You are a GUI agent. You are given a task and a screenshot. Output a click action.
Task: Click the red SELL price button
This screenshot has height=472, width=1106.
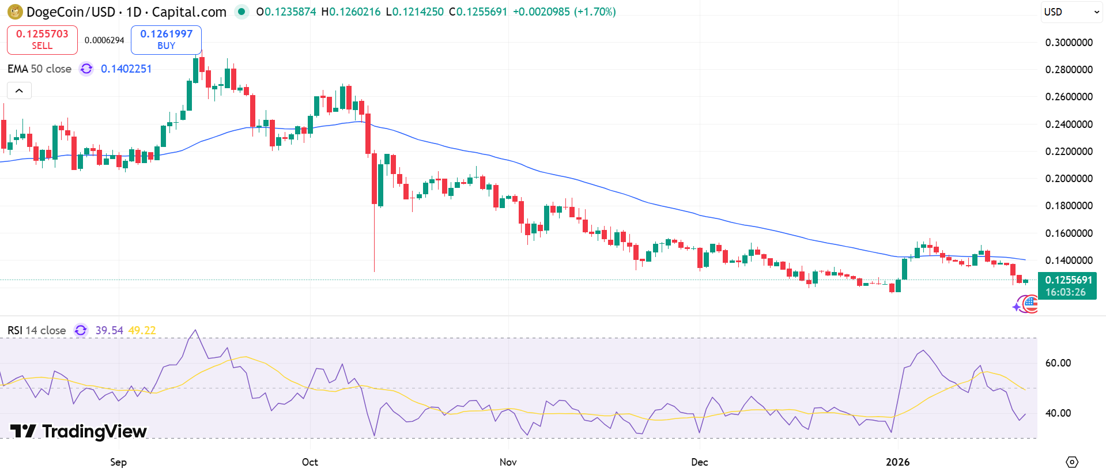pos(42,40)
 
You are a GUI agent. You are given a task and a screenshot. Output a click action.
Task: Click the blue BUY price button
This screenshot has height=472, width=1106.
pos(166,40)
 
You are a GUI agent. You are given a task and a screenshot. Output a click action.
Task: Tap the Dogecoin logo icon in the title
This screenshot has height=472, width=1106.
pos(15,12)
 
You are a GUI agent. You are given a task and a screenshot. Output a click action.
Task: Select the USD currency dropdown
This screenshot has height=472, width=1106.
pos(1071,12)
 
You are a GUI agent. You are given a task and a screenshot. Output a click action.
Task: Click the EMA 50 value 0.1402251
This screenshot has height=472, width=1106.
pos(126,69)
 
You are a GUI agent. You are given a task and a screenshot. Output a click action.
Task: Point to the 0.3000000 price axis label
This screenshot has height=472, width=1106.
pos(1069,43)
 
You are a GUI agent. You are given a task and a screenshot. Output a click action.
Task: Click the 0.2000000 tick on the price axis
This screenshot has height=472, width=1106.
pos(1069,179)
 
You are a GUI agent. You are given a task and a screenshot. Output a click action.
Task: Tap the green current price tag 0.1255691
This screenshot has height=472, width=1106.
pos(1068,286)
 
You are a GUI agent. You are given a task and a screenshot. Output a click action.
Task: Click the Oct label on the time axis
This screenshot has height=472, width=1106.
pos(310,462)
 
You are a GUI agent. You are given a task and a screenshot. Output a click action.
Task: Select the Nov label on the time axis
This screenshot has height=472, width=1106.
pos(508,462)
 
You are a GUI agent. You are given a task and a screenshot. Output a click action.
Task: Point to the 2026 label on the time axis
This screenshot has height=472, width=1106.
pos(897,462)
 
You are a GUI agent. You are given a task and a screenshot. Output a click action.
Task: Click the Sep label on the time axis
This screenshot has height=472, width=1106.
pos(118,462)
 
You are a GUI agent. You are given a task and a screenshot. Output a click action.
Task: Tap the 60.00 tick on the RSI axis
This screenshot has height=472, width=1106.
pos(1058,363)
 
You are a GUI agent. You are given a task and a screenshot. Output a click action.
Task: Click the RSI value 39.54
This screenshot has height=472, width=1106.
pos(109,331)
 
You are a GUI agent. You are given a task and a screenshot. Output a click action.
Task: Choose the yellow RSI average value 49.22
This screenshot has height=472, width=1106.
pos(142,331)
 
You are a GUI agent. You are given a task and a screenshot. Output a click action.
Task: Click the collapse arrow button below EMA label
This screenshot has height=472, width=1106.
pos(19,90)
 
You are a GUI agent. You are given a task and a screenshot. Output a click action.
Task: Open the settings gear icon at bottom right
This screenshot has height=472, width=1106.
pos(1072,462)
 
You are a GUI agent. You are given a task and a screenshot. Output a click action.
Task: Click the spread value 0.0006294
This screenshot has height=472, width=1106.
pos(104,40)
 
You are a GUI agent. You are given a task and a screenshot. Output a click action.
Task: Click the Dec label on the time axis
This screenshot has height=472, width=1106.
pos(699,462)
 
